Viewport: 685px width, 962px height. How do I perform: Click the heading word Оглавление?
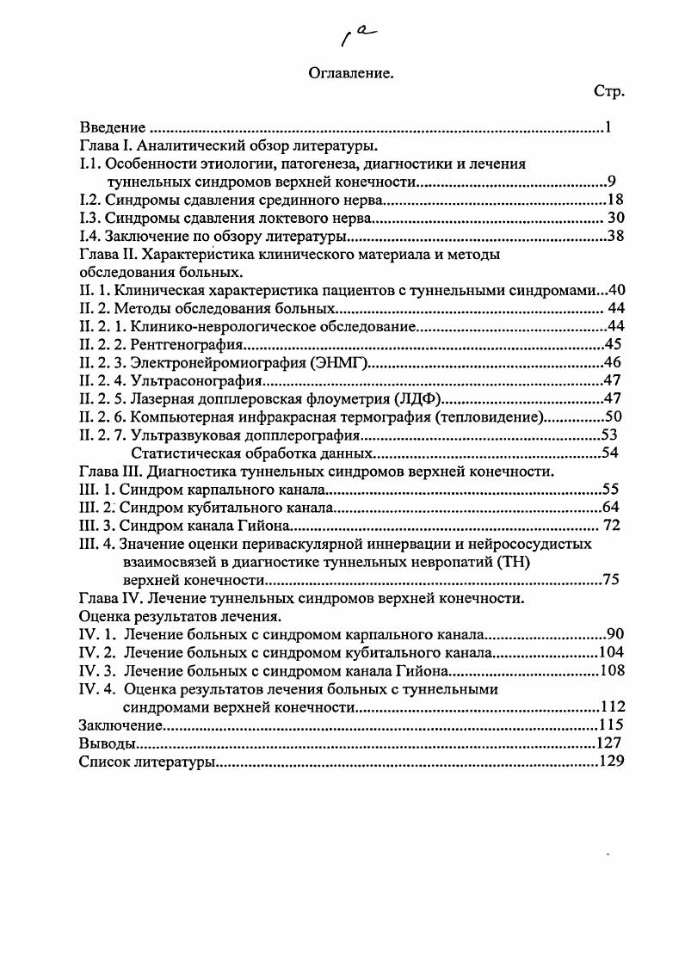350,75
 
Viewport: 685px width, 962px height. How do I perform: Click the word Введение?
112,128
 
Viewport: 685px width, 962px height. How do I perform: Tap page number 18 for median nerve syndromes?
614,200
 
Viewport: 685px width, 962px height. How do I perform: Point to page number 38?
614,237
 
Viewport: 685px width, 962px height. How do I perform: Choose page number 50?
614,416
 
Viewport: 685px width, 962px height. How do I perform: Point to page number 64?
611,507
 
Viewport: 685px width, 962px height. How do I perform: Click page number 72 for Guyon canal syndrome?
613,525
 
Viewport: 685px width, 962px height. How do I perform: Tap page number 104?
611,651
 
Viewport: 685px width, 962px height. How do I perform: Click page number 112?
611,706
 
